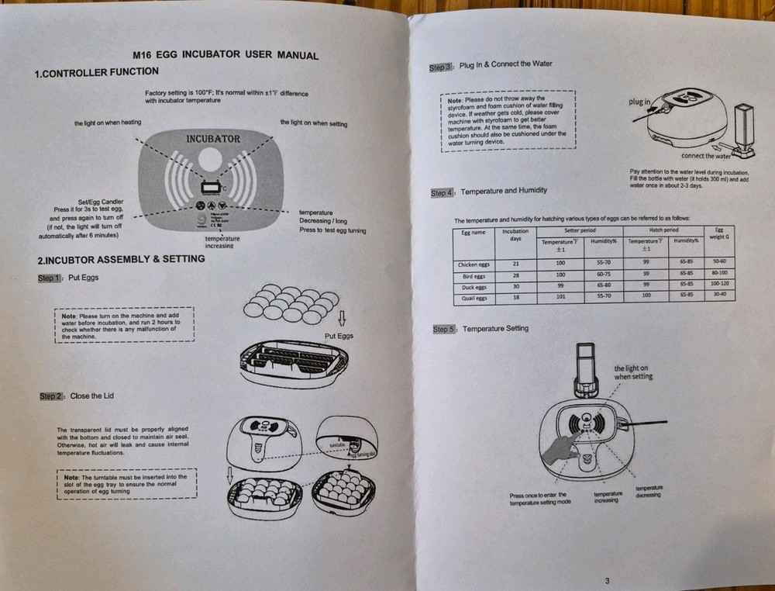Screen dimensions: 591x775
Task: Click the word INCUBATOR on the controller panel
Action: [x=213, y=139]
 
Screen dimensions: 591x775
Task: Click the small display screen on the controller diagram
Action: [x=210, y=187]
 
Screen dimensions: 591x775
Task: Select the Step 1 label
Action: [x=50, y=278]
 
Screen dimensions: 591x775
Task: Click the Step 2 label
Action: [x=50, y=396]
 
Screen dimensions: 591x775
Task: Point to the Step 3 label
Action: [x=440, y=67]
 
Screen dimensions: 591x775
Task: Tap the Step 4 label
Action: [x=443, y=192]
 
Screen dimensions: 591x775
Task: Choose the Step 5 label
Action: [x=444, y=330]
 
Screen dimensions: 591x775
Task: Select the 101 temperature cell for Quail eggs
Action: [x=561, y=296]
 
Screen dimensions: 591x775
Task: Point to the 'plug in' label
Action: [x=639, y=102]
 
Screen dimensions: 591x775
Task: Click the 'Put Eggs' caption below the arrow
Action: [x=338, y=336]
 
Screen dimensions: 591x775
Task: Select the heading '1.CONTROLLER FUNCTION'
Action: [x=97, y=72]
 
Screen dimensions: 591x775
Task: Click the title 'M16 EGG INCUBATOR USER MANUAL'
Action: [x=226, y=55]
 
